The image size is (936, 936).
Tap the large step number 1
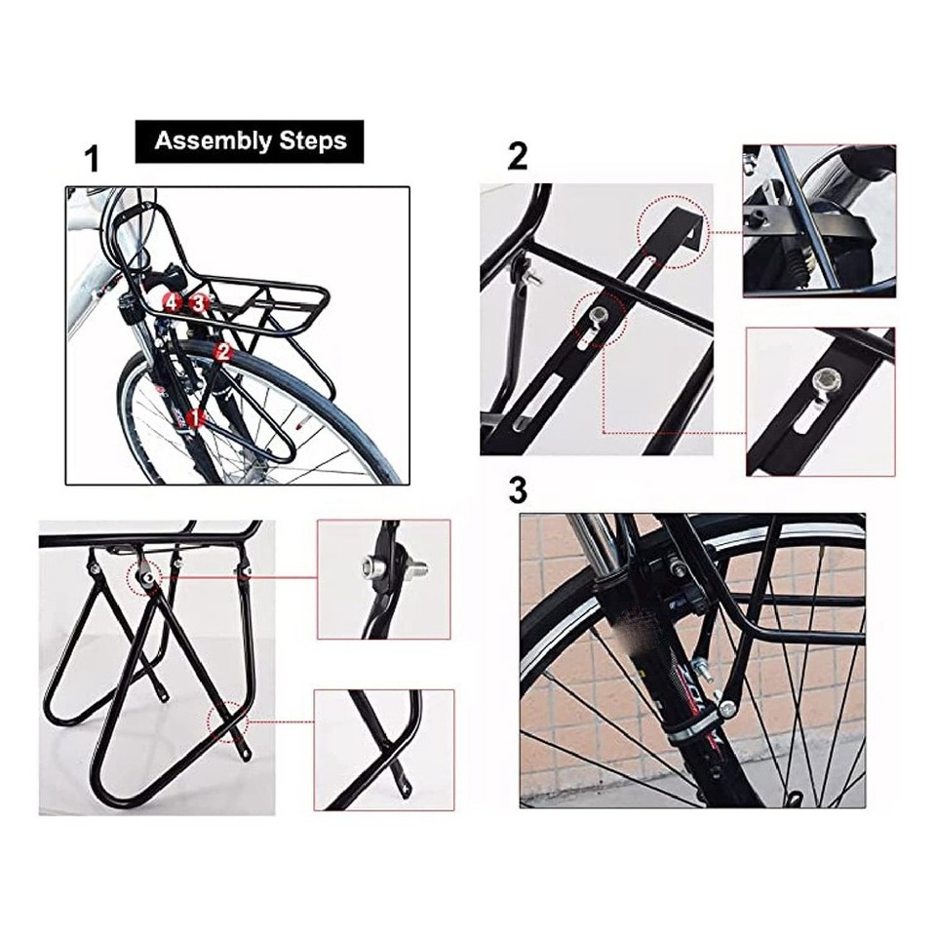click(92, 160)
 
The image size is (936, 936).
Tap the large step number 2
click(518, 156)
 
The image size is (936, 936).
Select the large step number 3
click(518, 490)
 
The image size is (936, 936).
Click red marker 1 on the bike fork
click(195, 418)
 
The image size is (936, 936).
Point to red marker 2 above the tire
click(223, 353)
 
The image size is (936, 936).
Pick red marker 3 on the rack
click(200, 302)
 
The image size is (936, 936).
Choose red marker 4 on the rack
click(173, 302)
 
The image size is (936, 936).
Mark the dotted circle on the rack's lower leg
click(227, 722)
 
